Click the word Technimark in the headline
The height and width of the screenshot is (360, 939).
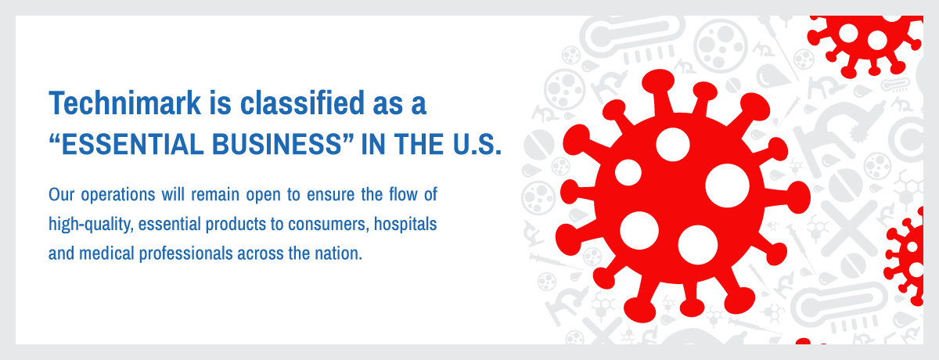coord(125,103)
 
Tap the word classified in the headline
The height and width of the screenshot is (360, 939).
coord(302,103)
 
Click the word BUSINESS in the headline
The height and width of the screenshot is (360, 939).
coord(278,144)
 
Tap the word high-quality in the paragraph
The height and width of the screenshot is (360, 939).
coord(91,225)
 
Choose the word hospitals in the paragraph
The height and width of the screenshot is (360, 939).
coord(405,224)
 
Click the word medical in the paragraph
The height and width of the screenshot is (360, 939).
coord(106,254)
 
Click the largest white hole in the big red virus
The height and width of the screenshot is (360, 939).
coord(727,185)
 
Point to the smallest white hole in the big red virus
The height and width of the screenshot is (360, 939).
coord(628,172)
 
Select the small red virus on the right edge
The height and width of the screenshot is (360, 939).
coord(905,257)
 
